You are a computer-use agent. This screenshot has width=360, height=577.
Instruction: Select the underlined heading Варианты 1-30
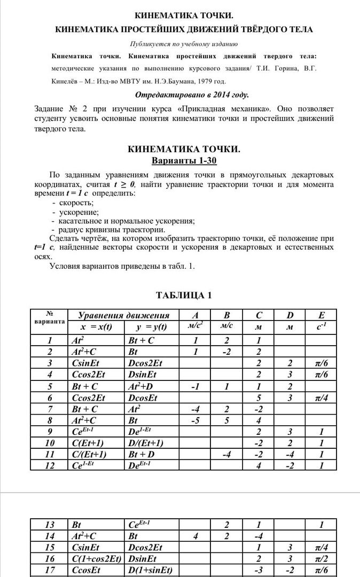coord(184,160)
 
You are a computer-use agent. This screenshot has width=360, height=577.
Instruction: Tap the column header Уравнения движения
coord(124,315)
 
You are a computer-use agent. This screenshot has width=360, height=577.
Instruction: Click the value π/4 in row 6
coord(321,398)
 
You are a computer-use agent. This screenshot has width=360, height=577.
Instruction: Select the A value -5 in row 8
coord(195,420)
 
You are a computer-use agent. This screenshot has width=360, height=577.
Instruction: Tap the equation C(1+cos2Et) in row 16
coord(96,558)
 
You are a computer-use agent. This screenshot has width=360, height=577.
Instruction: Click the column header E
coord(321,315)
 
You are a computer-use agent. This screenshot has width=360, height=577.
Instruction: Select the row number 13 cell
coord(50,525)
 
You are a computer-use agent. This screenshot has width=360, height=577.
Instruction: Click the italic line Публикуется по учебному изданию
coord(184,44)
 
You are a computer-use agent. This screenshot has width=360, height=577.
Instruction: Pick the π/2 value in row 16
coord(321,558)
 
